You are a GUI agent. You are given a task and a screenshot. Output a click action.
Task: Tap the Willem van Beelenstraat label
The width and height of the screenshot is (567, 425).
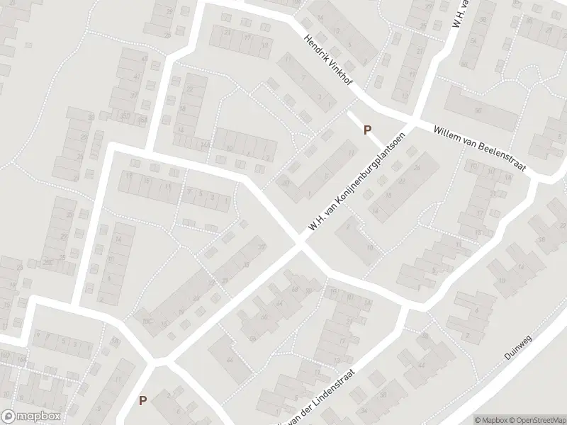479,147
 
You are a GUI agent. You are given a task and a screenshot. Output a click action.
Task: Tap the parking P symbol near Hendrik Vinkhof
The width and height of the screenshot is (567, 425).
367,130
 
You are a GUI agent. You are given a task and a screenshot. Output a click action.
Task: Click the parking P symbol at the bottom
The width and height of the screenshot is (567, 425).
142,401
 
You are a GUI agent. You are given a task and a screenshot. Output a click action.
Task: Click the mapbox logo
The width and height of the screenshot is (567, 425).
30,416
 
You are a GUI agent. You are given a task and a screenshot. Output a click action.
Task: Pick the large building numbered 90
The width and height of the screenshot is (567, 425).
478,111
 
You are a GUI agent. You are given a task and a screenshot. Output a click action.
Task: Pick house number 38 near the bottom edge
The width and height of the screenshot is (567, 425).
383,395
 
